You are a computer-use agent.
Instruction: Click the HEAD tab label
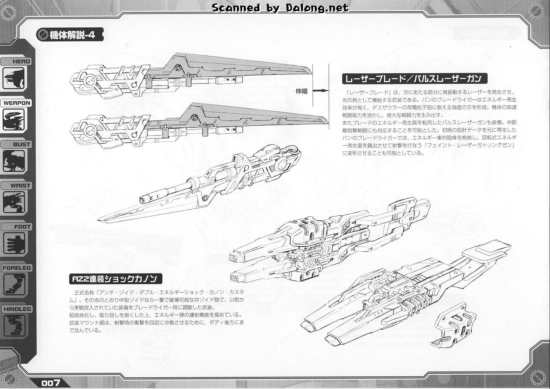21,62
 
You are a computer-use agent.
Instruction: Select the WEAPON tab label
17,103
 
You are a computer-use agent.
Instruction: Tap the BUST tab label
21,145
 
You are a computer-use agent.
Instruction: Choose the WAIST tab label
20,185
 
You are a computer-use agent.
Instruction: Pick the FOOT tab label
22,227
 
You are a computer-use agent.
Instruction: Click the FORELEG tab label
17,268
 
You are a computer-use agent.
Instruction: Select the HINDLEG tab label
17,309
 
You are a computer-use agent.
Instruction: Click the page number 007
51,383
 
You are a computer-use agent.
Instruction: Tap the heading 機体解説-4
72,35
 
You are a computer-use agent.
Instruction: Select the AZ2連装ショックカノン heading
116,279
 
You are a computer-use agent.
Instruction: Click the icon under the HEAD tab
13,78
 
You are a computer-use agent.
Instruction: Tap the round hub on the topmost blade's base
90,80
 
